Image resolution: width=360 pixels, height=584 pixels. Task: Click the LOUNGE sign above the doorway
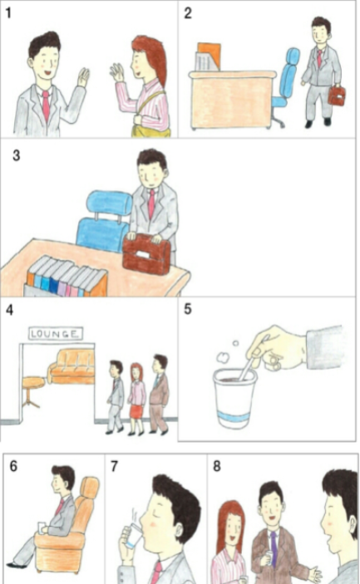point(56,333)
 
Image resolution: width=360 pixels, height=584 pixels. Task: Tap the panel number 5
point(188,309)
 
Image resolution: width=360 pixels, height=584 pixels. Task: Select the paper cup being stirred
point(234,399)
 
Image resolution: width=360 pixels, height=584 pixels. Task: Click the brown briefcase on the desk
point(146,254)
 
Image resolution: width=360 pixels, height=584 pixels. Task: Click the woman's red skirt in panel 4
point(136,411)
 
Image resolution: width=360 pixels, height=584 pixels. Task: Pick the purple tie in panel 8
point(274,548)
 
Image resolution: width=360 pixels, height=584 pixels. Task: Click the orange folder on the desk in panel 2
point(209,56)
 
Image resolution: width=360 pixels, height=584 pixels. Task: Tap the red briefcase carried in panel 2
point(337,96)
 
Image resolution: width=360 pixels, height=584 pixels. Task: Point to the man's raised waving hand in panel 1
point(83,77)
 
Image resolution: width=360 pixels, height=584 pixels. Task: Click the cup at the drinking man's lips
point(133,537)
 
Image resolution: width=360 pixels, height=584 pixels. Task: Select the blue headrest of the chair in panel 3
point(110,203)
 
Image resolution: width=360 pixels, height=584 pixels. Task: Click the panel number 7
point(115,466)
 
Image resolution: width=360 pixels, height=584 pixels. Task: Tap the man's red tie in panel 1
point(46,106)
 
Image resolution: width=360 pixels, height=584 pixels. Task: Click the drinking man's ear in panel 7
point(179,532)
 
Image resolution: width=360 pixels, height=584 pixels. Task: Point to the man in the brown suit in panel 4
point(159,395)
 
